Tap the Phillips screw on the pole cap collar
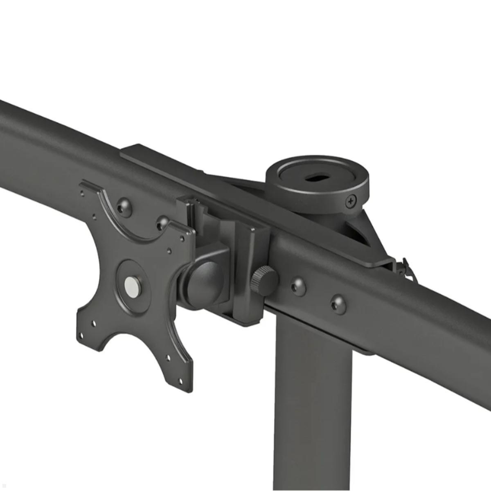point(351,200)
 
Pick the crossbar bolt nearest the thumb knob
point(298,287)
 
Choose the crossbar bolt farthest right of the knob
point(338,304)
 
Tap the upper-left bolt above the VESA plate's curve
point(124,205)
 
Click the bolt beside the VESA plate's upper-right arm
point(163,223)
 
